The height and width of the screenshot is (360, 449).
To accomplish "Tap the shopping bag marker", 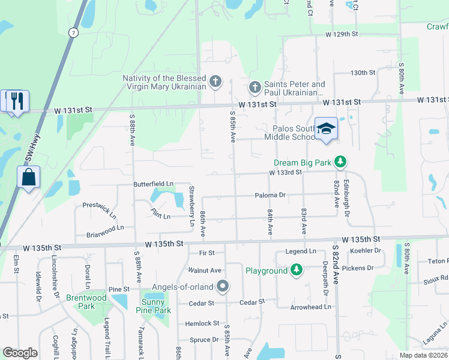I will click(28, 178).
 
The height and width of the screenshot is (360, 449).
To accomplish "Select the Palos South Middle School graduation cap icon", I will click(326, 128).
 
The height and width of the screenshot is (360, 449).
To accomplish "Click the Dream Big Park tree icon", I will click(340, 162).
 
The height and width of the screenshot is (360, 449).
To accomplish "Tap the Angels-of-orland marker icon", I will click(223, 286).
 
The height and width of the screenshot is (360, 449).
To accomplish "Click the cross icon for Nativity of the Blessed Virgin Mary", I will click(215, 81).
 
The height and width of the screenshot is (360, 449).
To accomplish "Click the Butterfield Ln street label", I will click(153, 183).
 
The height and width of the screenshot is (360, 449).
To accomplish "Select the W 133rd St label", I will click(285, 172).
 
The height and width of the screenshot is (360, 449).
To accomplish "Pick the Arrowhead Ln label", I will click(310, 307).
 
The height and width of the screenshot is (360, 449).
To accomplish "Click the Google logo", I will click(20, 353).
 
